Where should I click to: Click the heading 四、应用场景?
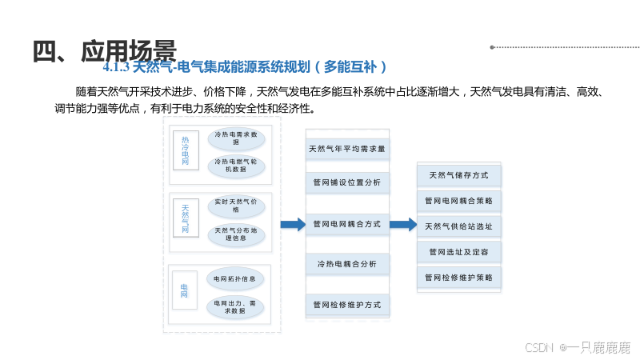coord(104,50)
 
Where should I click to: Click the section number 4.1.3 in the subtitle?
coord(117,67)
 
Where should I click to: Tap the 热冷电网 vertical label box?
coord(186,150)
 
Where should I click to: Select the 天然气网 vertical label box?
coord(186,218)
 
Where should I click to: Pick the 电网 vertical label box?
coord(185,290)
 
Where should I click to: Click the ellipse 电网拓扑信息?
coord(235,279)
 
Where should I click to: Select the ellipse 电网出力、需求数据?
coord(235,306)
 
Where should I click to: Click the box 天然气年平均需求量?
coord(347,149)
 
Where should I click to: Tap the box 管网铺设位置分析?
coord(347,183)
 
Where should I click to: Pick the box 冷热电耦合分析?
coord(347,264)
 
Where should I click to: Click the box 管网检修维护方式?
coord(347,305)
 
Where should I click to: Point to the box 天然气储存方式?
coord(460,175)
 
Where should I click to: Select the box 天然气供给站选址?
coord(460,226)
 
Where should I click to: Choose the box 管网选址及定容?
coord(460,252)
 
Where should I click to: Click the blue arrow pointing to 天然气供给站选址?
coord(403,225)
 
